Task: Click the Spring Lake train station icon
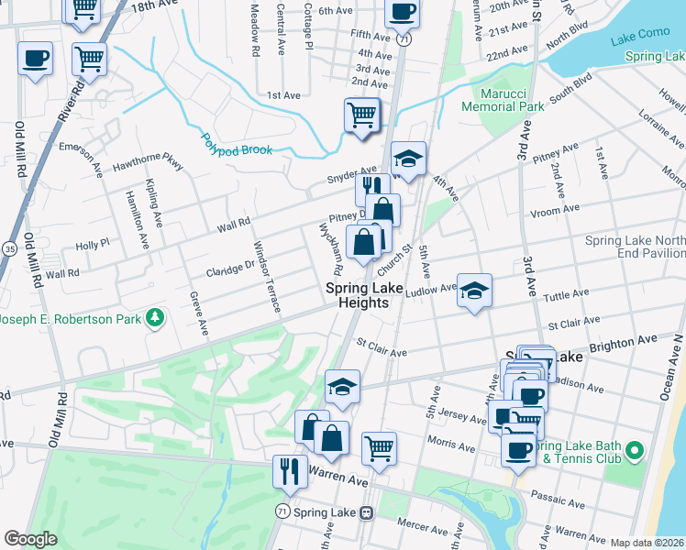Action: coord(366,512)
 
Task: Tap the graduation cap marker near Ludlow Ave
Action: coord(474,291)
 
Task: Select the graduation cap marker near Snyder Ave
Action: coord(408,159)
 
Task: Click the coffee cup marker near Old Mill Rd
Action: coord(36,59)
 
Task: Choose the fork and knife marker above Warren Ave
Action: coord(291,471)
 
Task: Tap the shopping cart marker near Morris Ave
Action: coord(379,448)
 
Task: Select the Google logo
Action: coord(30,539)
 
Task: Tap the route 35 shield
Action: coord(9,247)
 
